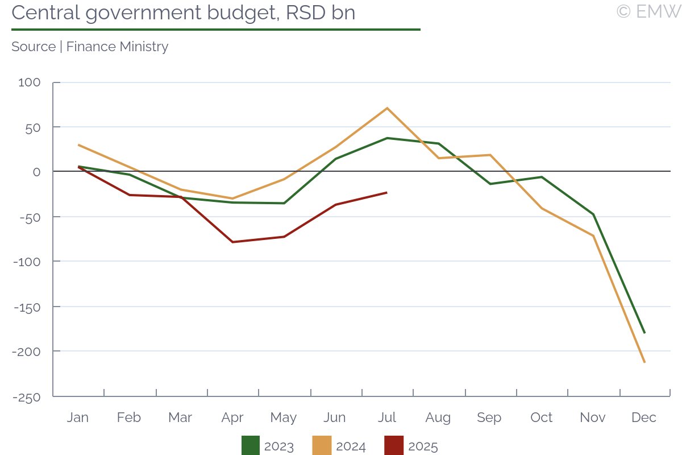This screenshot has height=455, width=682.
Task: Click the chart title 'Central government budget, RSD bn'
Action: pos(183,13)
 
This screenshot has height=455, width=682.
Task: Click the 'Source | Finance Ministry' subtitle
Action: pos(90,47)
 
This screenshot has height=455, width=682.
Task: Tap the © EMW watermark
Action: pos(648,11)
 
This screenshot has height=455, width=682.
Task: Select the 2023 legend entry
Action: pos(268,446)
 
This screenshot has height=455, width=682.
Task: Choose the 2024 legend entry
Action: pos(339,446)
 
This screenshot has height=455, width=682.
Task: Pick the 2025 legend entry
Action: pos(411,446)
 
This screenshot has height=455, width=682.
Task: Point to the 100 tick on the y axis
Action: pos(30,82)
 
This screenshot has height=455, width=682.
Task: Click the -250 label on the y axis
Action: pos(26,397)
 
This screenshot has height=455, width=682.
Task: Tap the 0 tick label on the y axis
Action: pos(36,172)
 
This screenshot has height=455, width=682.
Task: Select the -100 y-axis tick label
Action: pos(26,262)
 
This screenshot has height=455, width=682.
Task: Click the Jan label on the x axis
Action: pos(78,417)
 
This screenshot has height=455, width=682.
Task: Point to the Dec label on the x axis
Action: pos(644,417)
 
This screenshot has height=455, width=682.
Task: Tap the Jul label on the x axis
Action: pos(387,417)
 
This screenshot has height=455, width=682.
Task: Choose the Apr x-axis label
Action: pos(232,417)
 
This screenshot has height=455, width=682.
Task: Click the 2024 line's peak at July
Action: pos(387,108)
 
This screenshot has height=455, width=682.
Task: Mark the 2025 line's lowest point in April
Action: pos(232,242)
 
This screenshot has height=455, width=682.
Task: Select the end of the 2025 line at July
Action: pos(387,192)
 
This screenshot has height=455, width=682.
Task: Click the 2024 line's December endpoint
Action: pos(644,362)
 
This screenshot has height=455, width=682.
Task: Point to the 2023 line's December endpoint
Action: pos(644,333)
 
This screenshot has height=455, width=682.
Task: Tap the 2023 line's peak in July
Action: pos(387,138)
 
